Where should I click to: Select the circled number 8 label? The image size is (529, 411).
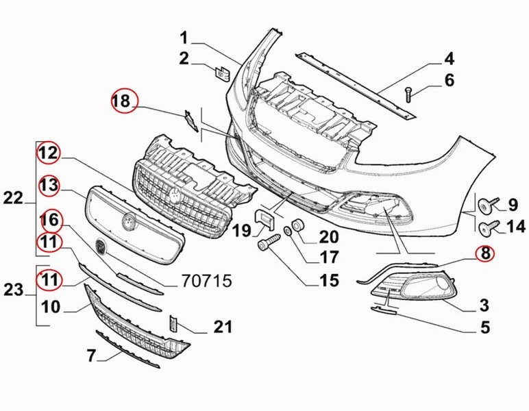point(485,254)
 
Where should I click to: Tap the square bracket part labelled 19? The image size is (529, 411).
point(264,219)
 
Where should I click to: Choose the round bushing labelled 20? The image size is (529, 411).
point(299,225)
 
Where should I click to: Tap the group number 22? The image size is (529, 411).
point(13,198)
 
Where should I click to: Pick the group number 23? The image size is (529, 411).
point(13,290)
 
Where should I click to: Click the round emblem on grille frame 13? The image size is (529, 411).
point(127,221)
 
